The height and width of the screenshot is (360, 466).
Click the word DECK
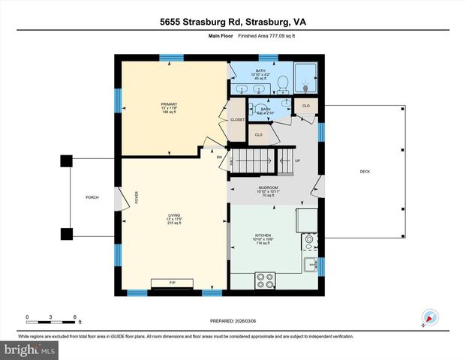coord(365,172)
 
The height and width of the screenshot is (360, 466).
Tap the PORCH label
coord(92,197)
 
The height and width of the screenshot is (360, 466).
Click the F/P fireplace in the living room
coord(173,283)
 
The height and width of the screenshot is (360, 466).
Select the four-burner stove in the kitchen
coord(266,280)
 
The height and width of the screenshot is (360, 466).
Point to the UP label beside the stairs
coord(297,160)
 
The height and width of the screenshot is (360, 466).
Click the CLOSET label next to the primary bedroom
coord(238,118)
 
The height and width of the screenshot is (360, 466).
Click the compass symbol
coord(429,318)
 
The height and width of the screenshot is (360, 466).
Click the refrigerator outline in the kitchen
coord(308,220)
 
